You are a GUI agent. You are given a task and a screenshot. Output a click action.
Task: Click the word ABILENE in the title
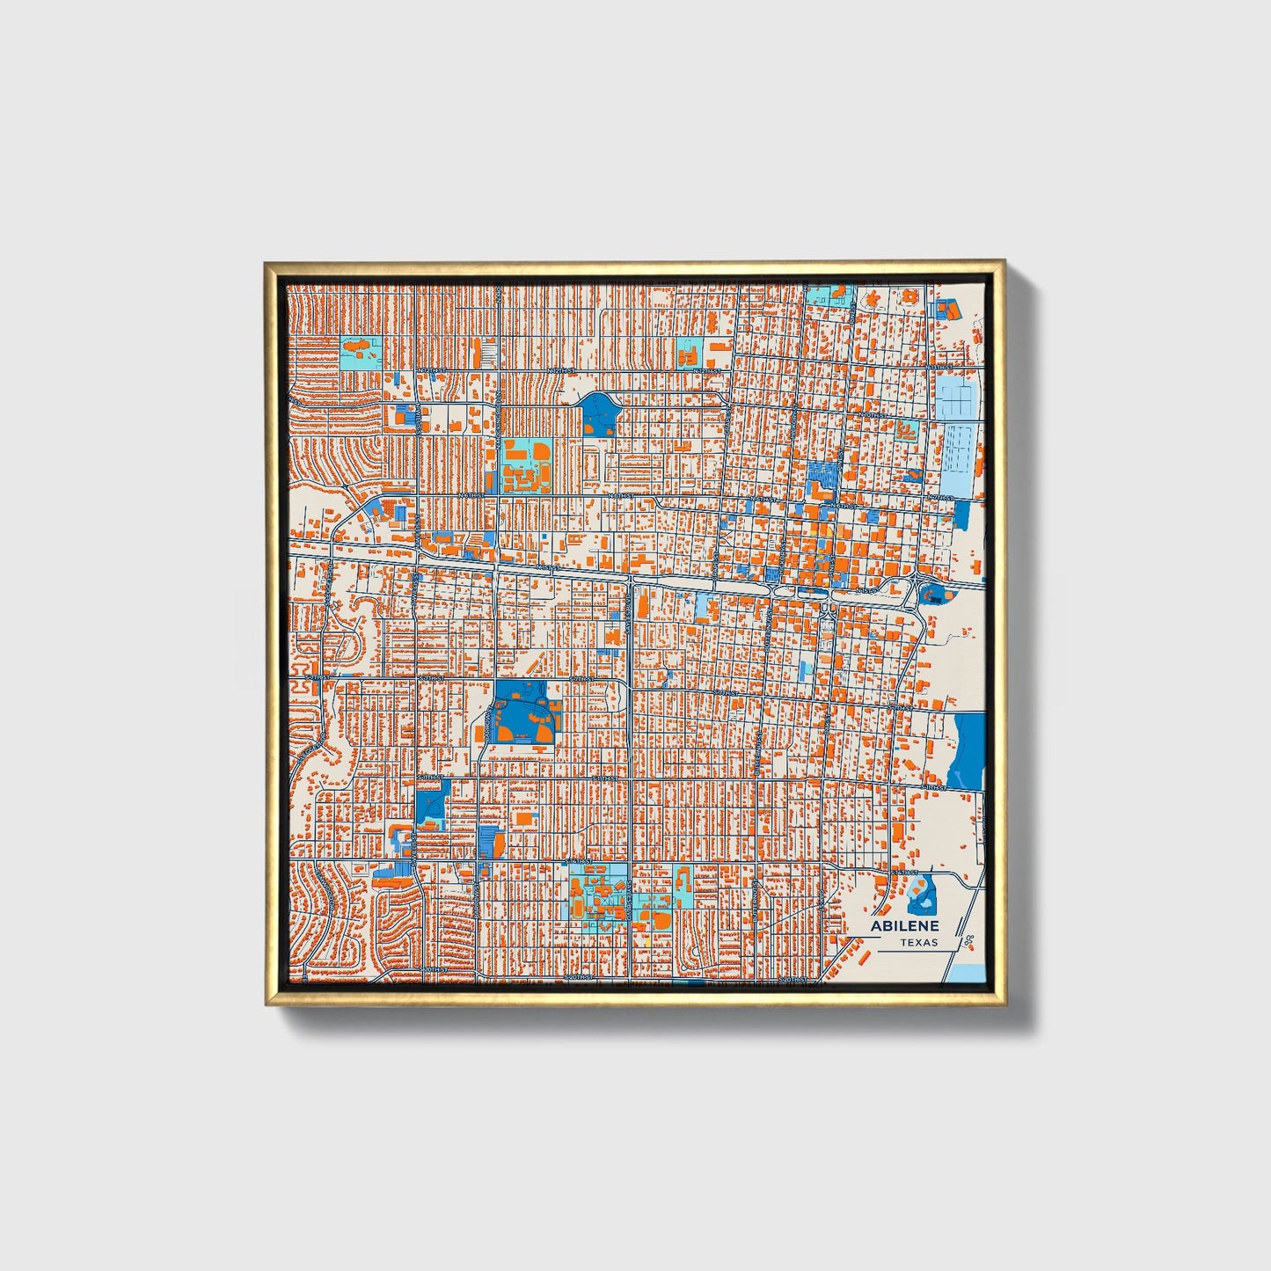click(904, 926)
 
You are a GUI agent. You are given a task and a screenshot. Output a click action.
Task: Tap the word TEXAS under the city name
click(918, 943)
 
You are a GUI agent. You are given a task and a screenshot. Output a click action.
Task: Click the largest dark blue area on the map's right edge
click(968, 750)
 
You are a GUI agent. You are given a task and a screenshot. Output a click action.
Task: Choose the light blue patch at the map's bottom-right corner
click(969, 971)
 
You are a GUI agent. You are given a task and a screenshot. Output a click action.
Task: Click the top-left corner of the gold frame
click(267, 264)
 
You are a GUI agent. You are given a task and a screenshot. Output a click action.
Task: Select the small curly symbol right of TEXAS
click(968, 941)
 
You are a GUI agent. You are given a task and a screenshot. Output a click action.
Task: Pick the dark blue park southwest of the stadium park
click(431, 801)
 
